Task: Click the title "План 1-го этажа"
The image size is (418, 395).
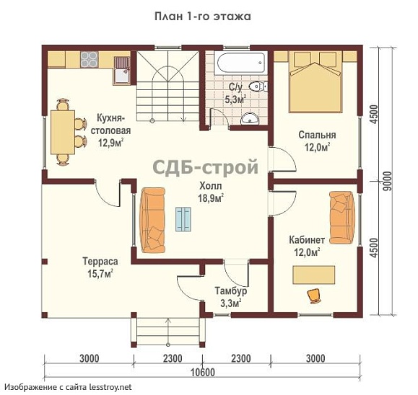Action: point(203,17)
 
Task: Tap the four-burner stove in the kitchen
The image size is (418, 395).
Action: point(90,59)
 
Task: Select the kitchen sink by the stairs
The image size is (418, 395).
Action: point(122,71)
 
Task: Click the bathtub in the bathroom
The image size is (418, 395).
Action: point(242,63)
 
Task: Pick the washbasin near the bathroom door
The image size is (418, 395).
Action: point(250,118)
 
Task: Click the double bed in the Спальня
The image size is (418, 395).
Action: point(315,81)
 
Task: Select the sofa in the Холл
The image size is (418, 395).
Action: point(153,220)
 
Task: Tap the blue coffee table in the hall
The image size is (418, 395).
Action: point(183,219)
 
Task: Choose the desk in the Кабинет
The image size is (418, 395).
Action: point(314,275)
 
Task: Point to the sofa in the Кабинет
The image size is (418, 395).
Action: point(342,218)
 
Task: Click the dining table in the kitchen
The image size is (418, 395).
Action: point(63,132)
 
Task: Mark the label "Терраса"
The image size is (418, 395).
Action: point(100,262)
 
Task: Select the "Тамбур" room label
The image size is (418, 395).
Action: point(231,290)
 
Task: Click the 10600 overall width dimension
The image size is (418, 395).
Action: point(203,372)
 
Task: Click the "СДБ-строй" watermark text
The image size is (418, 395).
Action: point(205,167)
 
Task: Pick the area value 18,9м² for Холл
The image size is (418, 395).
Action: point(211,198)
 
